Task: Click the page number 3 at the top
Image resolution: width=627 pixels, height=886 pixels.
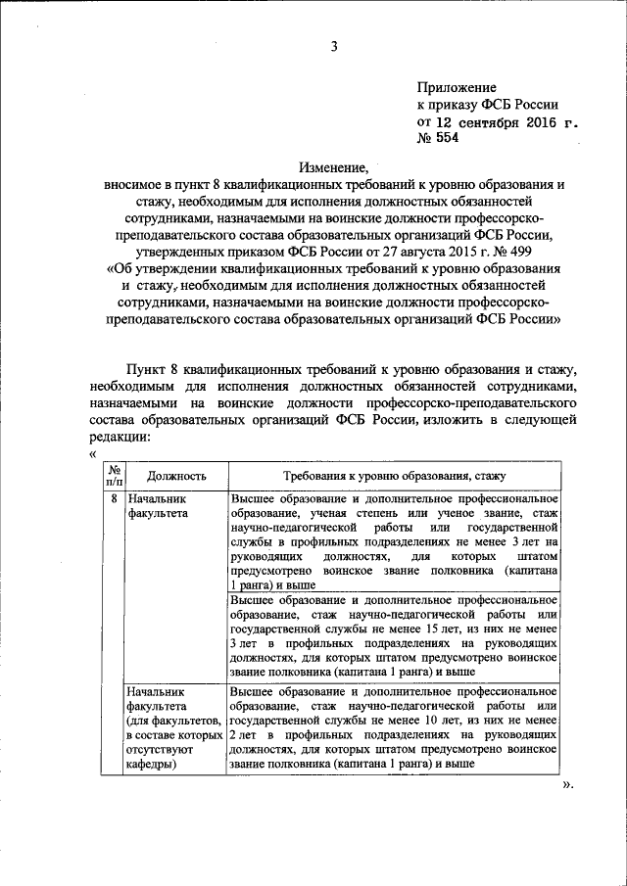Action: (333, 44)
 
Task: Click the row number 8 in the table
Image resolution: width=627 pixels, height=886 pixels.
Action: (113, 498)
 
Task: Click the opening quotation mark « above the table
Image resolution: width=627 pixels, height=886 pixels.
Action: (91, 454)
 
